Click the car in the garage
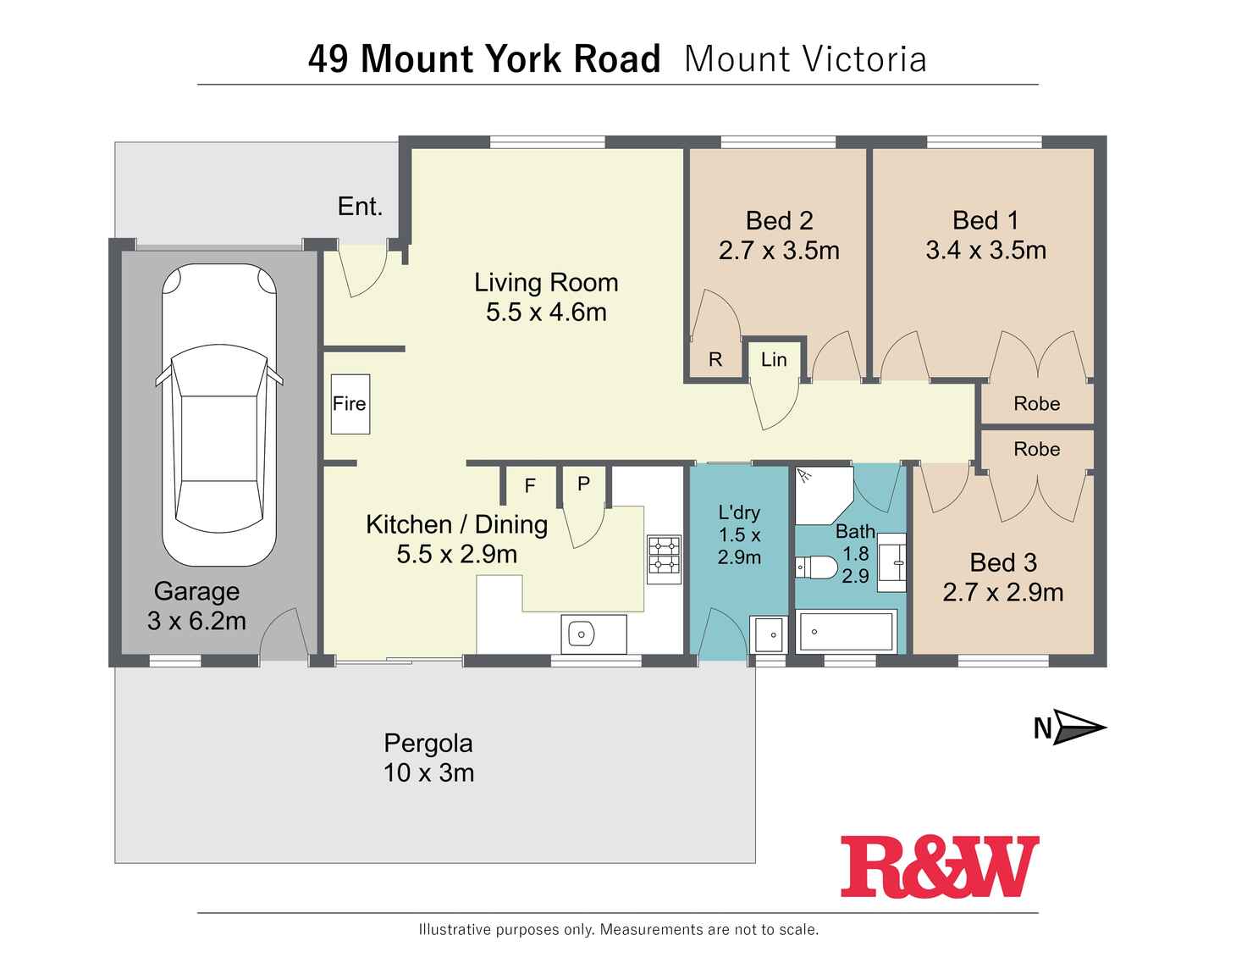[218, 415]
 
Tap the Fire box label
[349, 404]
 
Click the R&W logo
[939, 866]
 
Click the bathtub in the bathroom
[846, 632]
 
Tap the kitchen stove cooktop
[664, 558]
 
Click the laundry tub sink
[770, 634]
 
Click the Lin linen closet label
[774, 360]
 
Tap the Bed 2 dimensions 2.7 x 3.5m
[779, 251]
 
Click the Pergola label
[428, 743]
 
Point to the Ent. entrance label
[360, 206]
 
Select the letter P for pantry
[583, 484]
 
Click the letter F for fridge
[530, 485]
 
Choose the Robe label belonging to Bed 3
[1036, 449]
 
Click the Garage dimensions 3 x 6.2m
[196, 621]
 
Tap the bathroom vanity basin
[891, 562]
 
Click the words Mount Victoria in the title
[805, 59]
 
